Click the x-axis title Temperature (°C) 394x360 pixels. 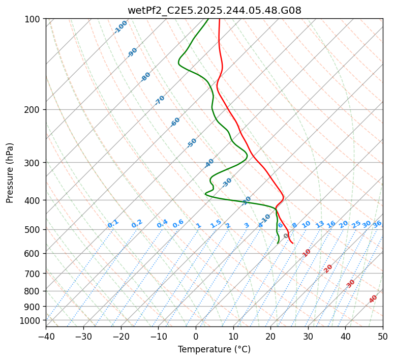[214, 350]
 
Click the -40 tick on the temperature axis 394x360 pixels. [46, 337]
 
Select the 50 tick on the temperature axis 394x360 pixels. [383, 337]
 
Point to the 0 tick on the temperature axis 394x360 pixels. [196, 337]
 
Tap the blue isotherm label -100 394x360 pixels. [120, 27]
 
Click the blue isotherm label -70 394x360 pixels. [160, 100]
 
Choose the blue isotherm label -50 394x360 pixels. [192, 143]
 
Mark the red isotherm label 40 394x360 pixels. [373, 299]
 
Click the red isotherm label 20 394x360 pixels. [328, 268]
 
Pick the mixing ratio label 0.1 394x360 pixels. [113, 224]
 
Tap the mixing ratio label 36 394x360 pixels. [377, 224]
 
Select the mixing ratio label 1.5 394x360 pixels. [216, 224]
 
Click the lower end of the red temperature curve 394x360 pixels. [292, 243]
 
